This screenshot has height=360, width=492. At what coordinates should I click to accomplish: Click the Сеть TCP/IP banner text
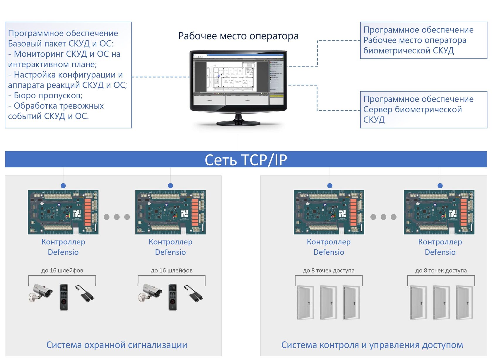point(246,160)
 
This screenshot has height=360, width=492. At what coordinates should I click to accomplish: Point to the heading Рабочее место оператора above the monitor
point(238,36)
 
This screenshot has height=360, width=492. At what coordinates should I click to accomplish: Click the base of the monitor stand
point(238,123)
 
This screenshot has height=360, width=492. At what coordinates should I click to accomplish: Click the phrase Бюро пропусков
point(48,95)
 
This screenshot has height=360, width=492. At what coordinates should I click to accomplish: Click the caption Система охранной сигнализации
point(117,345)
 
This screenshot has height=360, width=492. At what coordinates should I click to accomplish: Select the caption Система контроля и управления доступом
point(372,345)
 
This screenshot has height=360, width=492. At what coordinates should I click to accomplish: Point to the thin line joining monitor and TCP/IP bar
point(239,143)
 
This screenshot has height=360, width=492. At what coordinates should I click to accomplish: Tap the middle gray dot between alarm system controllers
point(117,217)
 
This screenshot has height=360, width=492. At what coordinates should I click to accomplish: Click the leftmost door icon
point(305,302)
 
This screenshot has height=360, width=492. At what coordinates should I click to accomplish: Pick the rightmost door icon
point(464,302)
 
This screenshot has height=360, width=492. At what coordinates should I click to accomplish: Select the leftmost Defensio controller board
point(63,212)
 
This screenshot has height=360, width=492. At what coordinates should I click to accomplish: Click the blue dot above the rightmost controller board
point(440,186)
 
